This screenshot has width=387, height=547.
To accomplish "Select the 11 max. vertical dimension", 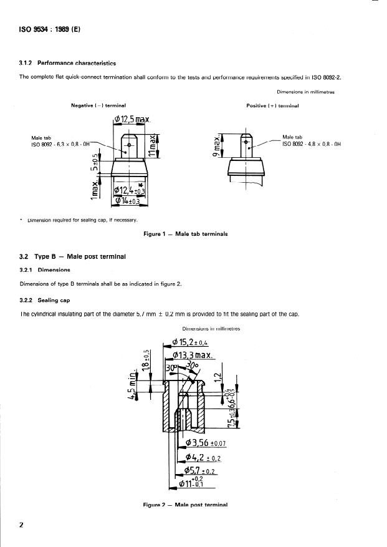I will coord(152,143).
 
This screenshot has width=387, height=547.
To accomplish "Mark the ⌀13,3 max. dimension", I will coord(193,356).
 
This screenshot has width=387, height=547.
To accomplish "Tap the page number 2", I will coord(21,525).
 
